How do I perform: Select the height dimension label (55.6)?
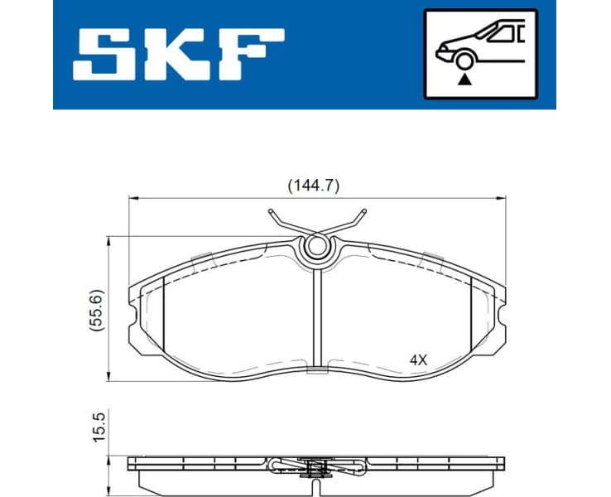[x=96, y=310]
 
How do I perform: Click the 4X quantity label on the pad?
[x=418, y=360]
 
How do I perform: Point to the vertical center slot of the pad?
[x=316, y=315]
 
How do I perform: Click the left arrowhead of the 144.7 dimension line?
[x=132, y=199]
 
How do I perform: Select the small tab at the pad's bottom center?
[x=316, y=371]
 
